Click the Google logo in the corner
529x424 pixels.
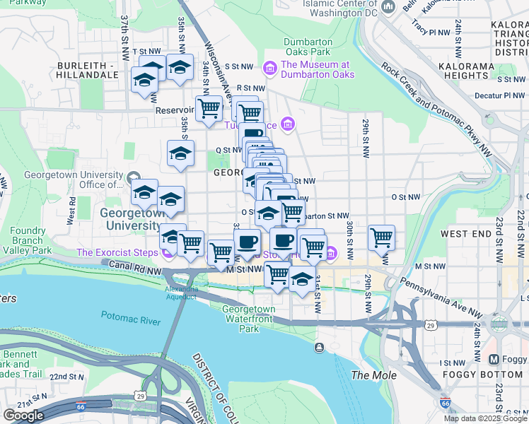(23, 415)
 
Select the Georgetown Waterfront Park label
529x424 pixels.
(249, 319)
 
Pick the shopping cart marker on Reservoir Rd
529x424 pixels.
(209, 110)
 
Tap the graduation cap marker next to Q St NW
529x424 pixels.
(180, 152)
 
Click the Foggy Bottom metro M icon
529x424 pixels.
(494, 359)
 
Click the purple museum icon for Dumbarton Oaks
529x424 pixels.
(269, 69)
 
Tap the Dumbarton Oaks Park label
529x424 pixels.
(308, 47)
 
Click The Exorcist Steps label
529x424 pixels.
(117, 252)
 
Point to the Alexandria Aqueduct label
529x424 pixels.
(180, 293)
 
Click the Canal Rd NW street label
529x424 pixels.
(132, 265)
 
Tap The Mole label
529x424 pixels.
(373, 375)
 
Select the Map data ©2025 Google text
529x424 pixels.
(485, 418)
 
